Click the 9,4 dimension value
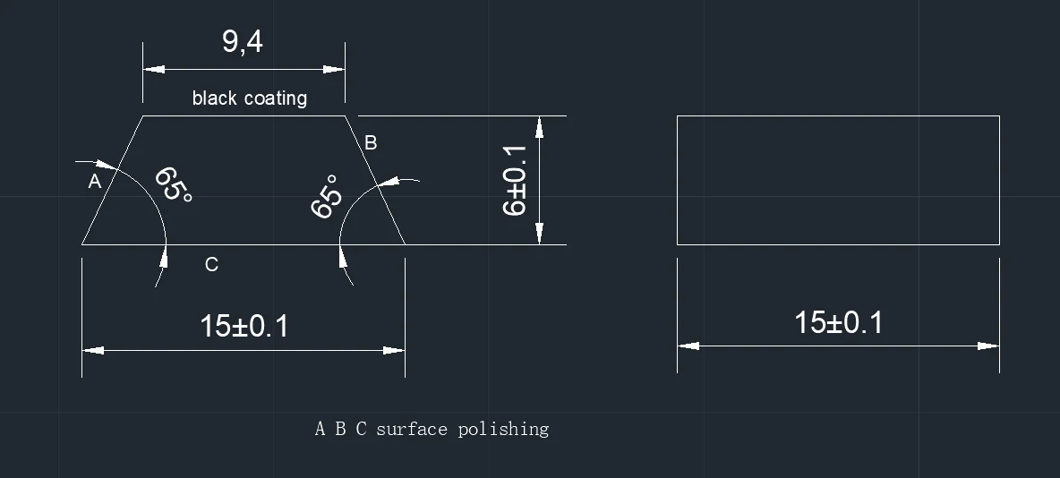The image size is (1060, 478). [243, 41]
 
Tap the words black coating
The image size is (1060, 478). [249, 98]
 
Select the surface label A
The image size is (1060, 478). [95, 182]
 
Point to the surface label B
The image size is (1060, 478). [371, 142]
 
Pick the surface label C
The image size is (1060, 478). [211, 264]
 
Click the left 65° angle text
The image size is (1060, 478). [173, 185]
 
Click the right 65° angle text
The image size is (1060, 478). [327, 196]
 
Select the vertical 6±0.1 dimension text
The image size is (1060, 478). [515, 180]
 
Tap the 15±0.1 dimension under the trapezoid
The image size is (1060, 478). [244, 326]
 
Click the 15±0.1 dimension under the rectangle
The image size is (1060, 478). [838, 322]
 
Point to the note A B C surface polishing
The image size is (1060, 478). [432, 429]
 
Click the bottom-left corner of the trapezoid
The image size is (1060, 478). [82, 243]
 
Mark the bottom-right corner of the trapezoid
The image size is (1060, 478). [406, 243]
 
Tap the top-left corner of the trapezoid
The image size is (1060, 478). [143, 115]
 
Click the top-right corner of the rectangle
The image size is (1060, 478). [999, 116]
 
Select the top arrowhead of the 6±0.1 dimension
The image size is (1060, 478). [539, 126]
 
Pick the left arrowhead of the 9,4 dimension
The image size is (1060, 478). [153, 69]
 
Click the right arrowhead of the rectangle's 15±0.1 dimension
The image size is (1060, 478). [989, 345]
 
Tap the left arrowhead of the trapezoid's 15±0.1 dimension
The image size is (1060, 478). [92, 350]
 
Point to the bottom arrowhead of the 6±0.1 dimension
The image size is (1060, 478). [539, 234]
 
